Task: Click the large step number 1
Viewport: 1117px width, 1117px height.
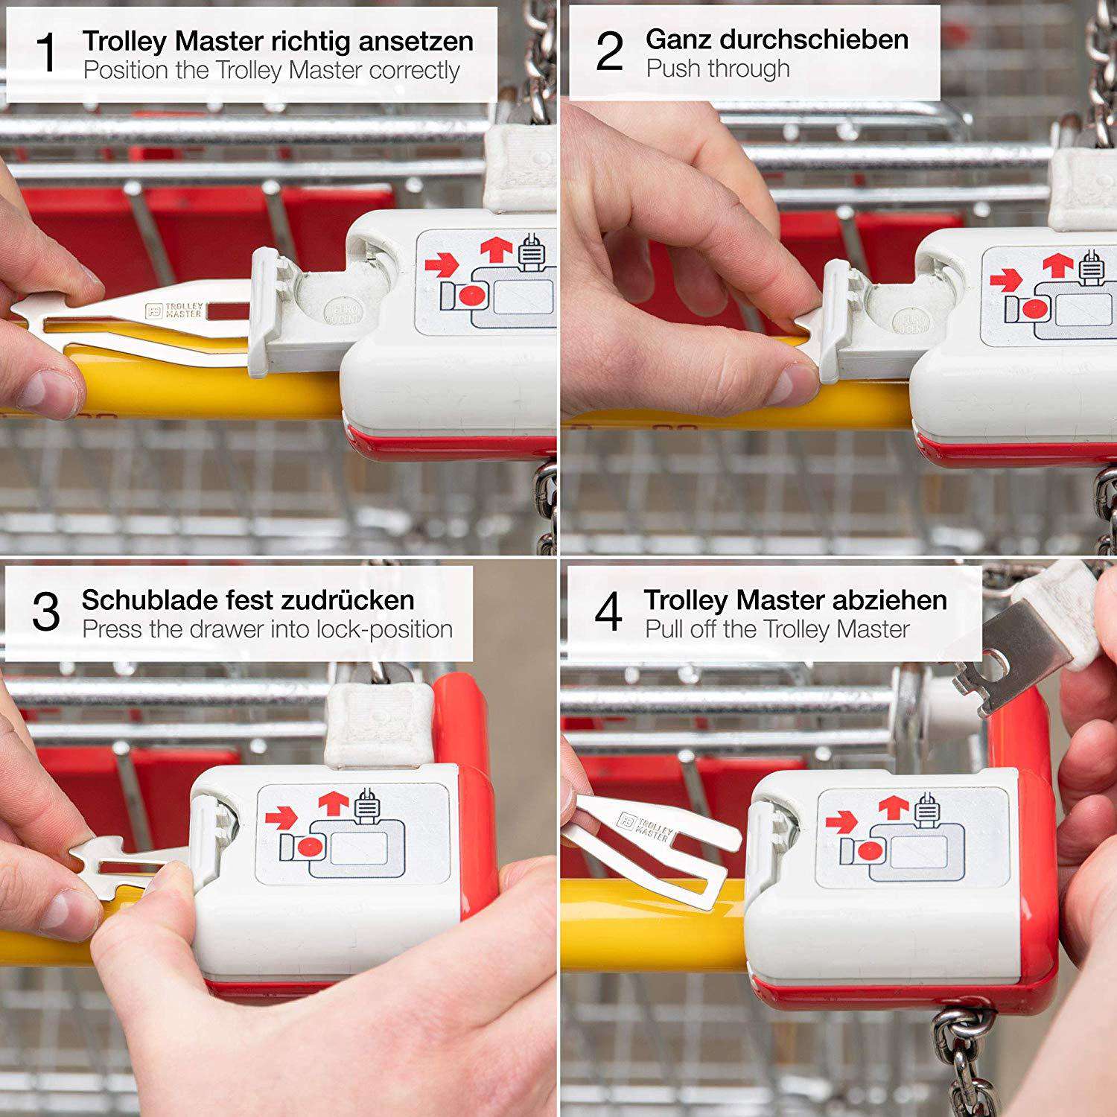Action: (46, 54)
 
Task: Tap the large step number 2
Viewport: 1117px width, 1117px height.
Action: (610, 52)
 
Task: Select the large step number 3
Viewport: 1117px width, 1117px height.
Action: (46, 613)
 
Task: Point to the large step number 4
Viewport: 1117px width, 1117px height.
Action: (608, 613)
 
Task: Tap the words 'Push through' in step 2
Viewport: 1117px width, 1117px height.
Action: (718, 69)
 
